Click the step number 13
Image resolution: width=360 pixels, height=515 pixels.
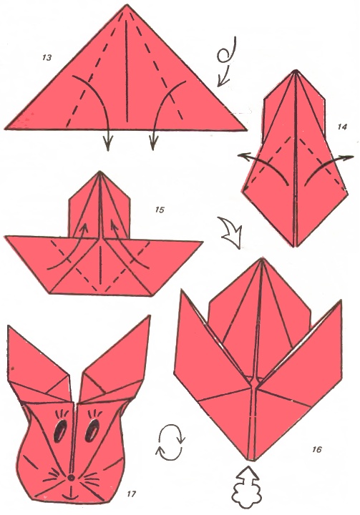coord(47,58)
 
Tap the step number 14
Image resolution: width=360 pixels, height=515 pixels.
coord(342,127)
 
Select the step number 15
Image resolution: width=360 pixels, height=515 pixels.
coord(160,210)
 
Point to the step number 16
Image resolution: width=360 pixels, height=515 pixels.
coord(316,449)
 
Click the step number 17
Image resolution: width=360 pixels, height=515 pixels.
coord(131,494)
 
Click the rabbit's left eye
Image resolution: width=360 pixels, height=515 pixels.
coord(61,431)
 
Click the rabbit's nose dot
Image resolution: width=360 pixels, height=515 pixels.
coord(72,479)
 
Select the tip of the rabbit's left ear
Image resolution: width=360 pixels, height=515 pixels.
coord(8,326)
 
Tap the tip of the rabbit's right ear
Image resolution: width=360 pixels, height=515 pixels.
coord(150,316)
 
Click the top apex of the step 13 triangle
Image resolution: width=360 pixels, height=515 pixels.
coord(126,5)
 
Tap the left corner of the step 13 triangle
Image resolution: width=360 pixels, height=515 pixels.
coord(6,128)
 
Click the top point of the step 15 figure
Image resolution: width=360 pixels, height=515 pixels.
coord(99,172)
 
